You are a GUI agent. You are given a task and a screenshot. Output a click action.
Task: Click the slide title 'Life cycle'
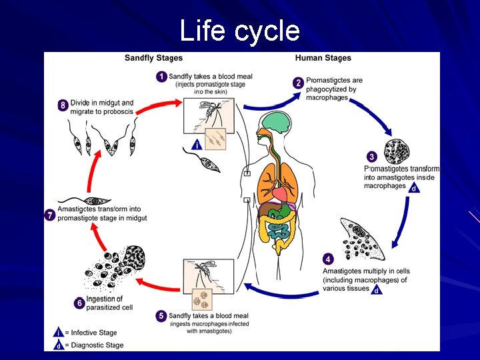(x=240, y=31)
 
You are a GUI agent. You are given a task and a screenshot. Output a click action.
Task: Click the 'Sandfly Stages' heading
(x=153, y=58)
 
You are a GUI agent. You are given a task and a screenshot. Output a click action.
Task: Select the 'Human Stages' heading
(x=323, y=58)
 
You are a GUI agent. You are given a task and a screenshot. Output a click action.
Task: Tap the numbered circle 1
(x=161, y=77)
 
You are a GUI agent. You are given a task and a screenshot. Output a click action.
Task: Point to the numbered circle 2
(x=298, y=83)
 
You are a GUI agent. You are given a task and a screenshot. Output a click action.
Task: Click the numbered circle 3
(x=371, y=157)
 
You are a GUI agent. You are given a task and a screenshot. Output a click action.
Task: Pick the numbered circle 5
(x=161, y=315)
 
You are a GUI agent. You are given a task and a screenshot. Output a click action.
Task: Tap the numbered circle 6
(x=79, y=303)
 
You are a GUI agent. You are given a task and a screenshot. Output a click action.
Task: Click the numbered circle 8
(x=63, y=105)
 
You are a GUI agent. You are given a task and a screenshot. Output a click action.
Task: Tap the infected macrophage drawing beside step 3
(x=397, y=151)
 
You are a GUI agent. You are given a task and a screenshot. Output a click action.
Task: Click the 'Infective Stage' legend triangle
(x=58, y=332)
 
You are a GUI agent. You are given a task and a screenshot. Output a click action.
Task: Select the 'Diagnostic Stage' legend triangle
(x=58, y=345)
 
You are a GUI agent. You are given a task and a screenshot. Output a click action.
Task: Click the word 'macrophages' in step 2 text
(x=327, y=98)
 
